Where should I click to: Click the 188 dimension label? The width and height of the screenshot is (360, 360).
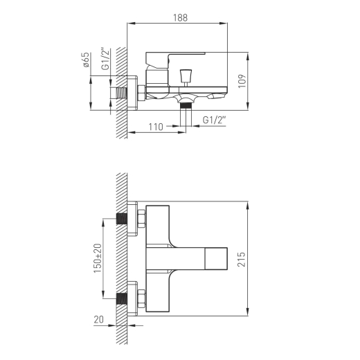click(x=180, y=18)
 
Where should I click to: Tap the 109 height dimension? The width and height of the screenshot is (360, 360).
click(x=242, y=81)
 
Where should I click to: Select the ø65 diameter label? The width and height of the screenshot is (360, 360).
click(x=86, y=60)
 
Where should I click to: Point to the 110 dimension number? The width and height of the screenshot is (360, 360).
click(x=156, y=127)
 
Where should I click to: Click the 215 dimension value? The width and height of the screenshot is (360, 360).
click(x=242, y=260)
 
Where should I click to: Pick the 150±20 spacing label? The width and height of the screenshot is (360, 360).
click(x=98, y=258)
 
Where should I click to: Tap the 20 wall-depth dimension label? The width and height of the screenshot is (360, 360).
click(x=99, y=320)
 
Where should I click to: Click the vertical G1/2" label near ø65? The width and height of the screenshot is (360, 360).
click(x=105, y=59)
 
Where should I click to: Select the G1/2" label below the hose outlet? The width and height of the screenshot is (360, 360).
click(x=214, y=120)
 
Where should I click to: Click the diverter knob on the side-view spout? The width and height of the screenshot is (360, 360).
click(x=186, y=78)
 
